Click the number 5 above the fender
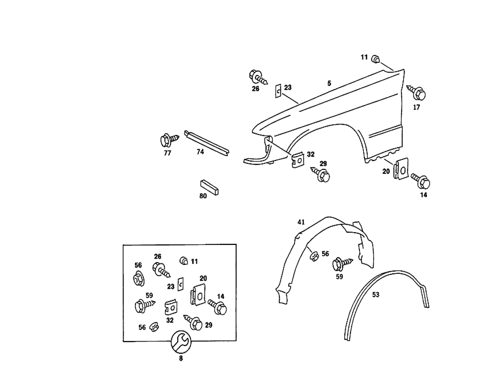(329, 84)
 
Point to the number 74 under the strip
(200, 152)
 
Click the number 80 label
(203, 195)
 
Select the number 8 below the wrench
(180, 359)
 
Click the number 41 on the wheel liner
(301, 222)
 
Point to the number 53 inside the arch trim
(376, 295)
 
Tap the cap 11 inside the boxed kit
(184, 261)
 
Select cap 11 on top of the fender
(376, 59)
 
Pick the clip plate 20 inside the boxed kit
(197, 293)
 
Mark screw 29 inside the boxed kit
(194, 322)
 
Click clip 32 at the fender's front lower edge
(297, 159)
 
